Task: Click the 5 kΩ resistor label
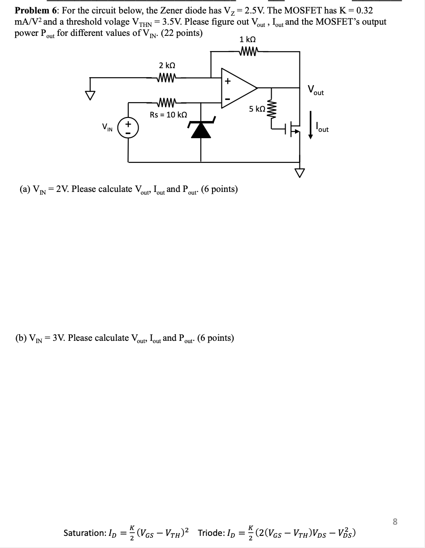257,109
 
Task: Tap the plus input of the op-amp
227,81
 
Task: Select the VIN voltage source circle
128,127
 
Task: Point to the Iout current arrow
310,128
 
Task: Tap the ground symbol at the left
91,95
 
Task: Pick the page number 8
395,521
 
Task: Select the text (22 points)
182,33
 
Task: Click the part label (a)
24,189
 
